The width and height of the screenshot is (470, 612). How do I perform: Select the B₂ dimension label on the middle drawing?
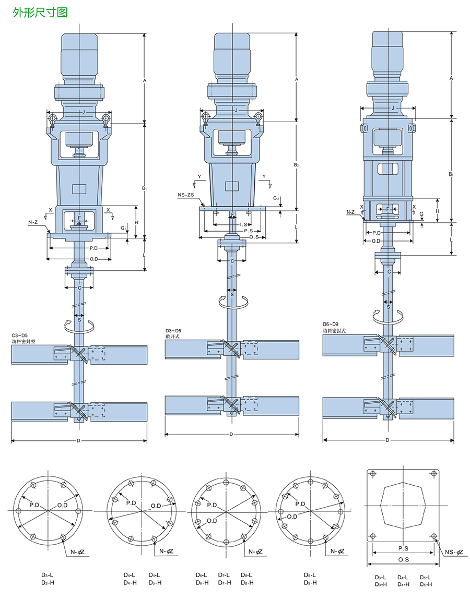[296, 165]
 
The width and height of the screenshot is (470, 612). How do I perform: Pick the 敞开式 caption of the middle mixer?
[173, 337]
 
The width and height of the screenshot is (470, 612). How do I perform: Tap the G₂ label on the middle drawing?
[278, 198]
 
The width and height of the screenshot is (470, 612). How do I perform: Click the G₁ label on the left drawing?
[122, 228]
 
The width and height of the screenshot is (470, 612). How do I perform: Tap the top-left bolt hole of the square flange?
[372, 474]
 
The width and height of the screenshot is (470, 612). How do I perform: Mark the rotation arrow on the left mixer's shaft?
[78, 325]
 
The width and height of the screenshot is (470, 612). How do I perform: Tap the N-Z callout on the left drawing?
[33, 223]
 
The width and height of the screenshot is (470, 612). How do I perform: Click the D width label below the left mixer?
[78, 441]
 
